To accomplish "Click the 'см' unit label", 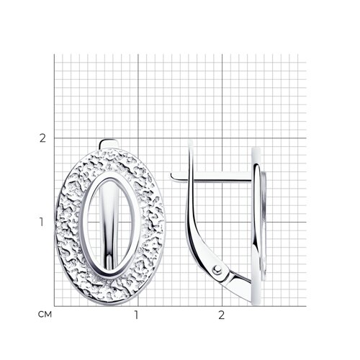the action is click(x=45, y=315).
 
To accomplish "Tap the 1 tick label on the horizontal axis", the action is click(x=136, y=315).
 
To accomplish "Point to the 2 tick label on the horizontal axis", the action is click(x=221, y=315).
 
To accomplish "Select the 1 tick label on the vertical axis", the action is click(x=42, y=222).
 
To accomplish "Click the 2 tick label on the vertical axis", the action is click(x=42, y=138).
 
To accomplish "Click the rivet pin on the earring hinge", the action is click(x=217, y=270).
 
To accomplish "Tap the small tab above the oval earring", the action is click(x=109, y=144).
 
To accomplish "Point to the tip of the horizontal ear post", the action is click(x=172, y=176).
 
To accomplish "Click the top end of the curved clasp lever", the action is click(x=190, y=142).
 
